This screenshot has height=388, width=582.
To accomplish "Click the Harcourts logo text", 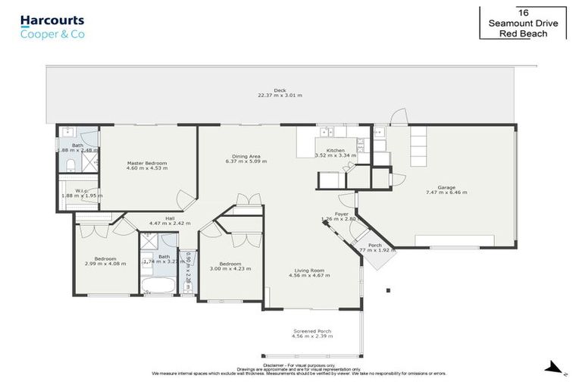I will point(52,20).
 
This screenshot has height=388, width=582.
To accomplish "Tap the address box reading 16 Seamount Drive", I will point(523,23).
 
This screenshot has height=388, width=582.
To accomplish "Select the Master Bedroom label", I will point(147,163).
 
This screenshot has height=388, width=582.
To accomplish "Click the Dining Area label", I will point(246,157).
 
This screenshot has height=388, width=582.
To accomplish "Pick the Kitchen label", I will point(335,150).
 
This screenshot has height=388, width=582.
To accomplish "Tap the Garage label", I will point(446,187).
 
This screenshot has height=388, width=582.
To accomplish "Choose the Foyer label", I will point(342,214).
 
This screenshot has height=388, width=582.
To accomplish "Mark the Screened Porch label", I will point(312,331).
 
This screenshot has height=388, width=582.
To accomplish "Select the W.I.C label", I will point(81,190).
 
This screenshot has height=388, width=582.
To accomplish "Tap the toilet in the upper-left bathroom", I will point(69,165).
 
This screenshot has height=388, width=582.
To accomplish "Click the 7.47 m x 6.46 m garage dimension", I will point(446,192).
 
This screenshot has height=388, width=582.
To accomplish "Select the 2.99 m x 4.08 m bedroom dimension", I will point(100,263).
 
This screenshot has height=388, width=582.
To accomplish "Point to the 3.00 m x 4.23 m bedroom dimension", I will point(230,268).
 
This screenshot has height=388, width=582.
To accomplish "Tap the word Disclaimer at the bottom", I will point(274,364).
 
